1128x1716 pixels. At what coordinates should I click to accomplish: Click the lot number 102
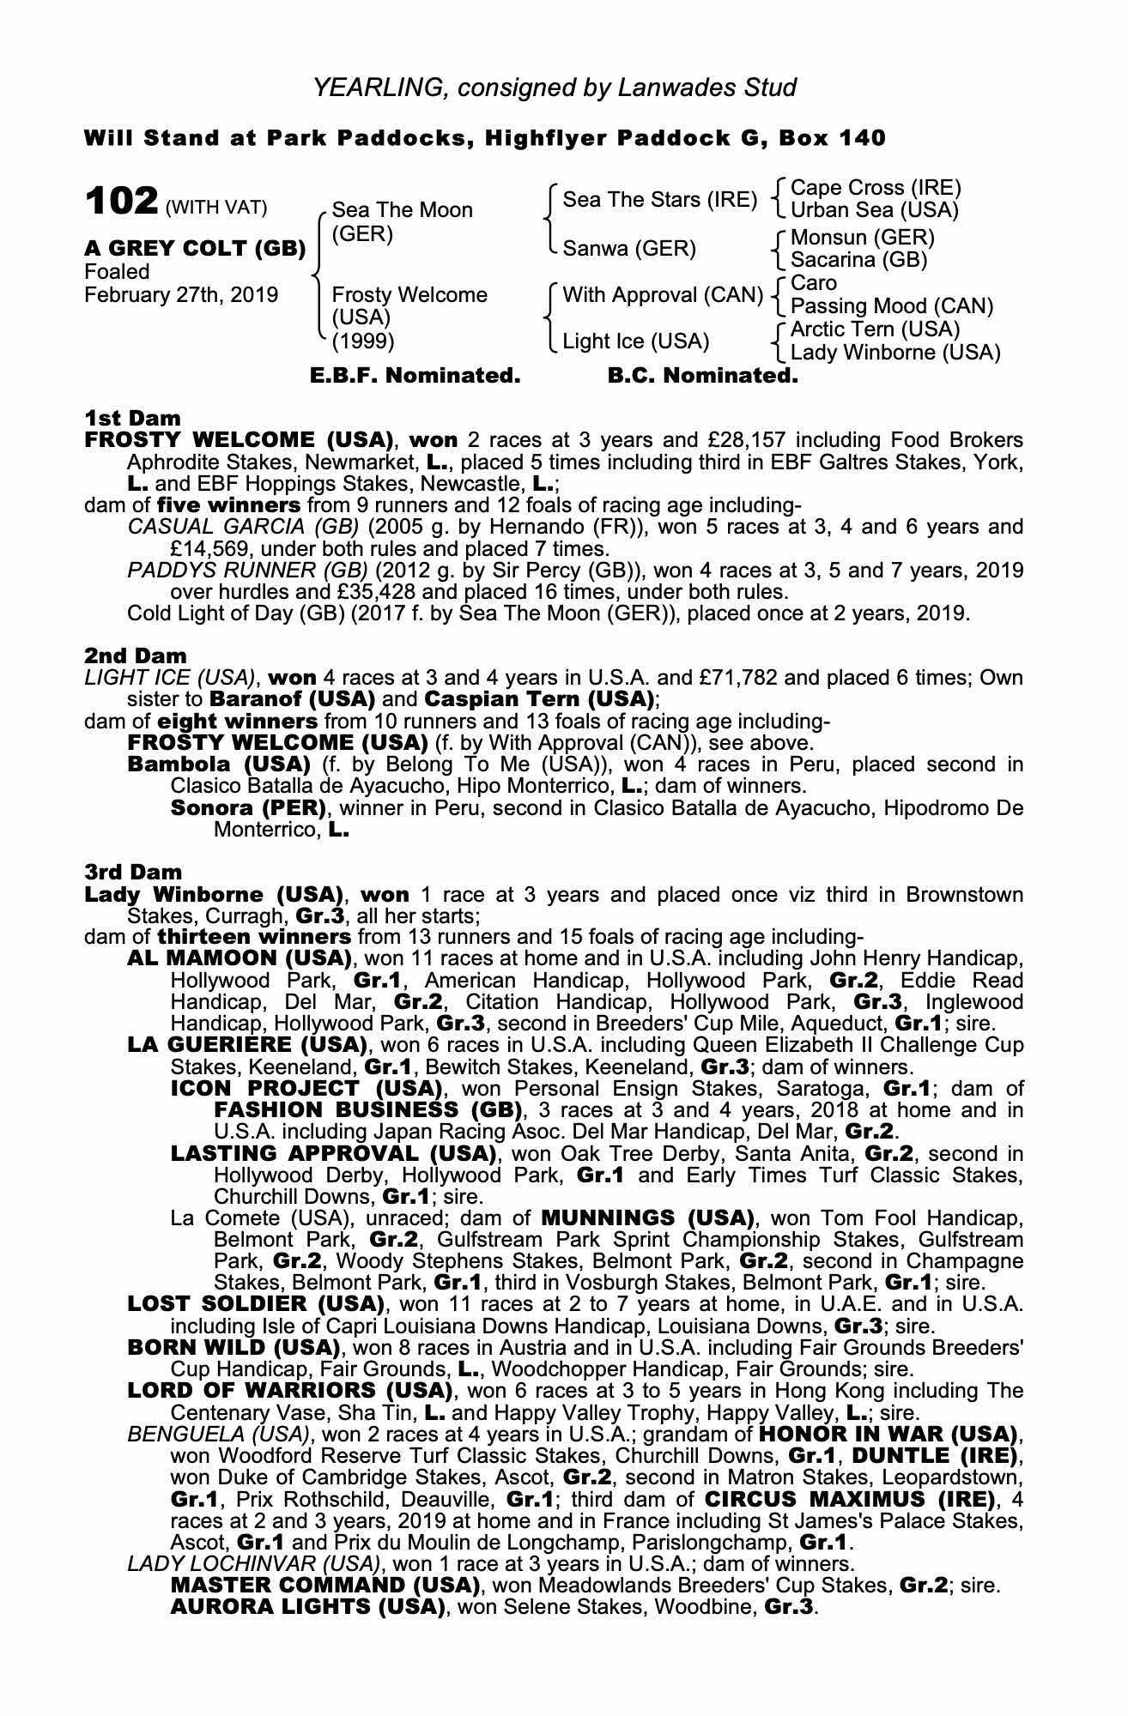121,202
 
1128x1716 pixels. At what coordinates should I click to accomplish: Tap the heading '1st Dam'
133,418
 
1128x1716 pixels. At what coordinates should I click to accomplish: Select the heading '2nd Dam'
136,656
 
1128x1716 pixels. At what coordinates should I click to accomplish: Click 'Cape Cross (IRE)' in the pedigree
875,188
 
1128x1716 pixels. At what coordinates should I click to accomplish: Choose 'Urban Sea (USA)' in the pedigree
874,210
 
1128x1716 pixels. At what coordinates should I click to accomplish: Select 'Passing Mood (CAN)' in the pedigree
891,306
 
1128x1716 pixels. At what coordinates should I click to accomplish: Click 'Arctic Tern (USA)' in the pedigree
875,329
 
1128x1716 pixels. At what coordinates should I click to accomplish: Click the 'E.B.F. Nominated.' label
415,376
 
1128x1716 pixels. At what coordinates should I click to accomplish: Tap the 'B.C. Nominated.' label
702,376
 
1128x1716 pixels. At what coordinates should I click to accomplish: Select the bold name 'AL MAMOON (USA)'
240,958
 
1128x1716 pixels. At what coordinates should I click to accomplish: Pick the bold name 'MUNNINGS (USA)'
647,1218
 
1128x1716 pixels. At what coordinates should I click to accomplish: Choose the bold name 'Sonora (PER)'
249,807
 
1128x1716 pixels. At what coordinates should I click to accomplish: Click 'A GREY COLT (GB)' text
195,249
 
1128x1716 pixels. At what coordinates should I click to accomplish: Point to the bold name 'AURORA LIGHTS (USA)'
307,1606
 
